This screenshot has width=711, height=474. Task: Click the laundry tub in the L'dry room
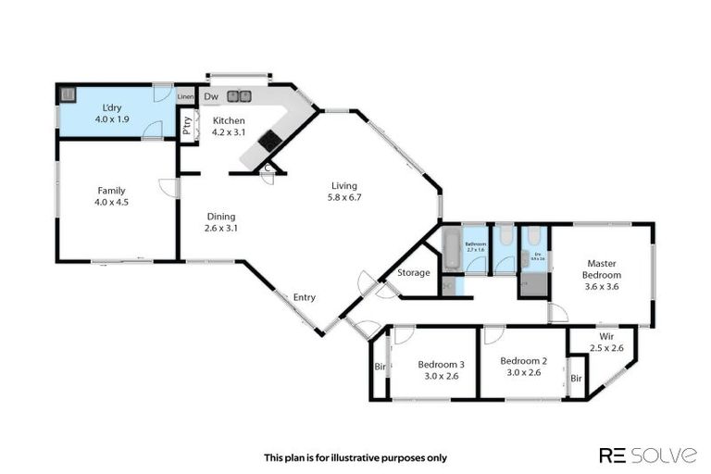(x=68, y=94)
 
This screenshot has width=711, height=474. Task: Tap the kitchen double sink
(x=239, y=95)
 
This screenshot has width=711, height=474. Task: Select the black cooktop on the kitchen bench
(x=270, y=141)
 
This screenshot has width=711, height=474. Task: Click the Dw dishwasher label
(x=211, y=96)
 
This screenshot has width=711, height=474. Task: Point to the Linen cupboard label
(x=186, y=96)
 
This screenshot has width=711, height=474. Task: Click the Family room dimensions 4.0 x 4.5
(x=111, y=203)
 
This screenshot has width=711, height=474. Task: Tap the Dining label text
(x=220, y=215)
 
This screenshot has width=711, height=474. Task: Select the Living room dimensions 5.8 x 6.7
(x=343, y=197)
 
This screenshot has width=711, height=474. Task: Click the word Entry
(x=305, y=297)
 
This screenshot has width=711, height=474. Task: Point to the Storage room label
(x=413, y=273)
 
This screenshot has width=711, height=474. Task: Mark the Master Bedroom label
(x=601, y=268)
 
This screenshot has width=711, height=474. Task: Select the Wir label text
(x=606, y=336)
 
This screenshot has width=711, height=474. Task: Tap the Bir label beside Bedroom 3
(x=380, y=367)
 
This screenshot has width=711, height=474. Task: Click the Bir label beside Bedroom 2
(x=576, y=379)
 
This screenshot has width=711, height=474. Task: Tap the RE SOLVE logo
(x=648, y=455)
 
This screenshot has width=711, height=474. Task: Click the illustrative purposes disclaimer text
(x=355, y=457)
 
